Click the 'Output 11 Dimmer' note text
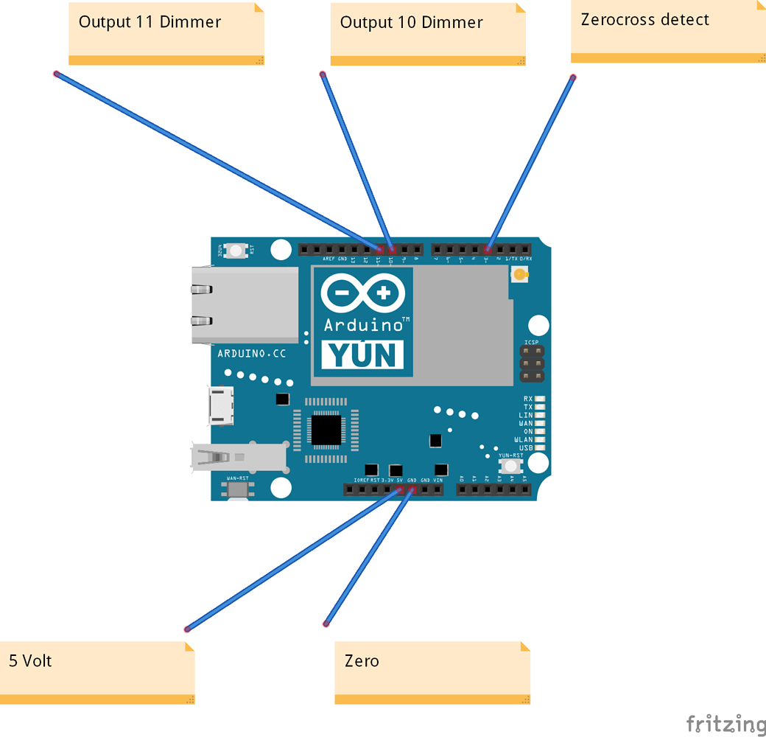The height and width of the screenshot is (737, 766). coord(150,22)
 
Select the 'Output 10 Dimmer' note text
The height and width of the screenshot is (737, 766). coord(411,23)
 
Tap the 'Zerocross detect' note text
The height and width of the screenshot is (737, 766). coord(644,20)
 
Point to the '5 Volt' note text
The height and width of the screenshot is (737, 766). coord(30,660)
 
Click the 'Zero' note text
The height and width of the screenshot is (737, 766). coord(362,660)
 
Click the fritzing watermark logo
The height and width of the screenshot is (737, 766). coord(725,723)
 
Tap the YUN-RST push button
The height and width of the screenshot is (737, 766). coord(510,467)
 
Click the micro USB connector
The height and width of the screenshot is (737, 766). coord(221,406)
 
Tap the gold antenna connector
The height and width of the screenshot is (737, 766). coord(520,276)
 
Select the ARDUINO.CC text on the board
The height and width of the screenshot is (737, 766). coord(252,354)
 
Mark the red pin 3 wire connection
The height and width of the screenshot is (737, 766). coord(487,251)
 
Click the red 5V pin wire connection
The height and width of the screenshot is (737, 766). coord(400,489)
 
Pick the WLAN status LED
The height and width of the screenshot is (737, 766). coord(540,440)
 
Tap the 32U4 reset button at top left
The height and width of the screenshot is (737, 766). coord(236,251)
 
